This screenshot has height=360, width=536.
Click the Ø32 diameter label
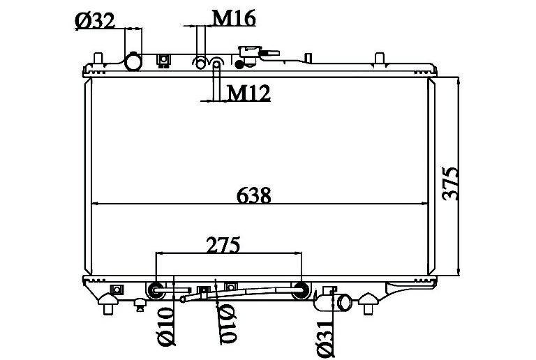94,21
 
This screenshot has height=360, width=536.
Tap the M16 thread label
234,18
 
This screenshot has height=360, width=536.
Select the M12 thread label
248,92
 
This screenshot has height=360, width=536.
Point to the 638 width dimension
253,195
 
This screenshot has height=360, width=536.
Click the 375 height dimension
450,183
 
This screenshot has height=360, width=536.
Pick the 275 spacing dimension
223,245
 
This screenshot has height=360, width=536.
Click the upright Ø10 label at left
166,327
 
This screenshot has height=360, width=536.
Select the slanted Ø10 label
227,324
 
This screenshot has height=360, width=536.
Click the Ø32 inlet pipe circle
133,62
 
